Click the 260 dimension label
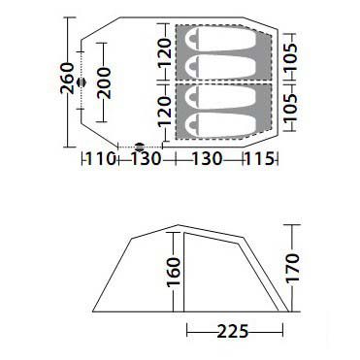click(67, 79)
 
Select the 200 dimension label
click(104, 83)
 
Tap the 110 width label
click(101, 159)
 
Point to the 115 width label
click(260, 159)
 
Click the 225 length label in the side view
click(233, 332)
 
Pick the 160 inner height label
click(174, 272)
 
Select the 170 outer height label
click(292, 268)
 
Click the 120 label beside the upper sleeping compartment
click(165, 52)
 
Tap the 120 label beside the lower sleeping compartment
click(165, 111)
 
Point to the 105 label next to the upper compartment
click(289, 57)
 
